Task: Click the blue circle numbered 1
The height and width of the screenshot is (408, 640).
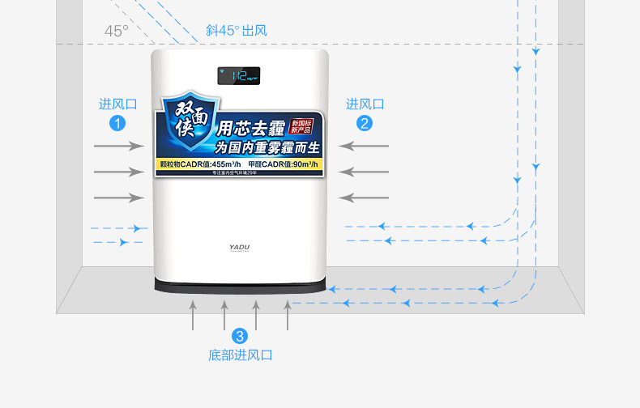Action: click(x=118, y=124)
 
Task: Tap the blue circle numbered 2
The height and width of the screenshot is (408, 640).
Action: click(x=365, y=123)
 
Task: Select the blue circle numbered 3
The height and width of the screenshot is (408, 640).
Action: click(x=240, y=336)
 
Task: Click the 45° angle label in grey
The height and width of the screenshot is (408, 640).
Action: click(x=116, y=32)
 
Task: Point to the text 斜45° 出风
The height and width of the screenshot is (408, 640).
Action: click(x=236, y=31)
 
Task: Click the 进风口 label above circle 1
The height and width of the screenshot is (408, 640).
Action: click(x=118, y=104)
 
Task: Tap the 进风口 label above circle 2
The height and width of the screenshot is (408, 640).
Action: click(x=365, y=104)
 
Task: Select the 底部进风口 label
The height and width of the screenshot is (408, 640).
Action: click(x=240, y=355)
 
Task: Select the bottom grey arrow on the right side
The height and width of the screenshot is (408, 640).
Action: click(x=364, y=198)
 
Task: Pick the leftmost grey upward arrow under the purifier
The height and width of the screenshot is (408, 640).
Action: click(x=193, y=314)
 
